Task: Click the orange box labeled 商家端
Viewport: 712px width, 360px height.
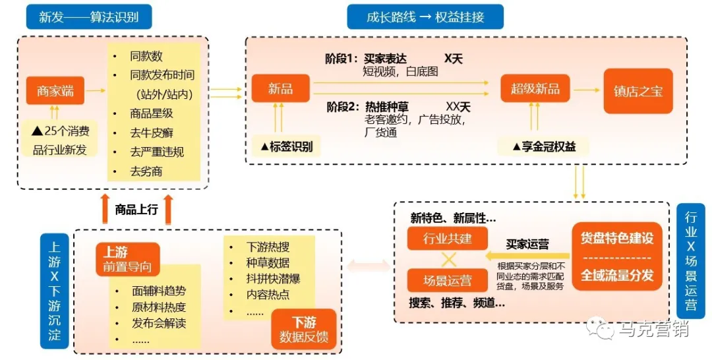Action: pyautogui.click(x=55, y=91)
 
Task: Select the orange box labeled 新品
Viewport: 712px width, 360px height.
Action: pyautogui.click(x=280, y=88)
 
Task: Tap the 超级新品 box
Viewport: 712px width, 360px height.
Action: pyautogui.click(x=535, y=89)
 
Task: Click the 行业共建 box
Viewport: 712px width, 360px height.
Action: pyautogui.click(x=448, y=238)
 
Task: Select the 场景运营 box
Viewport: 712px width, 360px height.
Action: pyautogui.click(x=448, y=280)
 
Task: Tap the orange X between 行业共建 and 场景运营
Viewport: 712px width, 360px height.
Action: pyautogui.click(x=448, y=259)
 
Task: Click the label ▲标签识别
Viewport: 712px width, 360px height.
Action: pyautogui.click(x=287, y=146)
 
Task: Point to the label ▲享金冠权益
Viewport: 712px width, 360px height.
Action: pyautogui.click(x=544, y=146)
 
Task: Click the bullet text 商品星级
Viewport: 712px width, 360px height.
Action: pyautogui.click(x=152, y=113)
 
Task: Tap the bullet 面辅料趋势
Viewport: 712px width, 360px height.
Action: pyautogui.click(x=159, y=290)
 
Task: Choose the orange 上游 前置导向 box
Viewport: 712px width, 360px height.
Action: pyautogui.click(x=127, y=259)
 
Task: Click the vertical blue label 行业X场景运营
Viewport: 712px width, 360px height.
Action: pyautogui.click(x=692, y=261)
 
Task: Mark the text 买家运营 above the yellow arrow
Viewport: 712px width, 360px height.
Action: pyautogui.click(x=527, y=244)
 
